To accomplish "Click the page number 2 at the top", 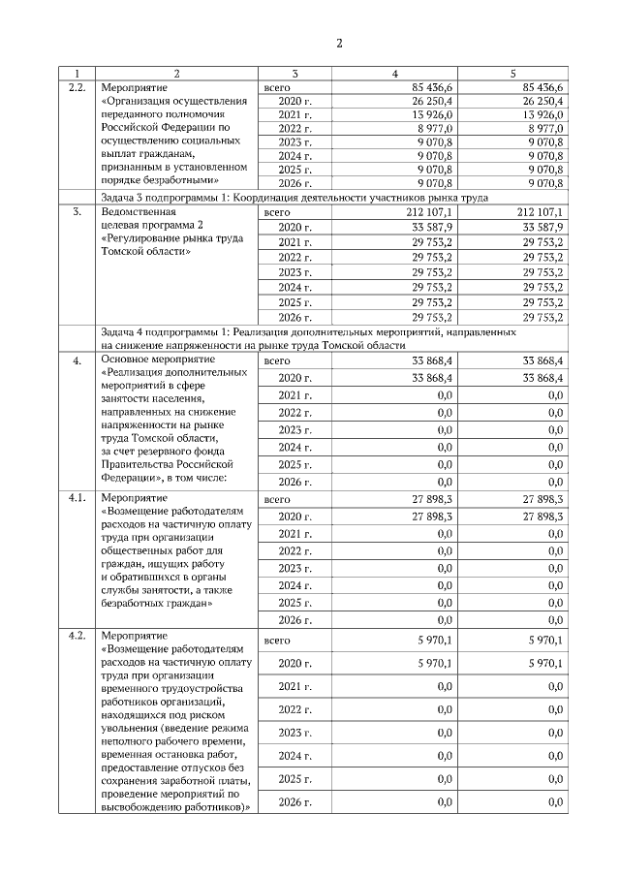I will pos(339,44).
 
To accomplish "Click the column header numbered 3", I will pos(295,74).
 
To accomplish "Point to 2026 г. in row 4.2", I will pos(295,802).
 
